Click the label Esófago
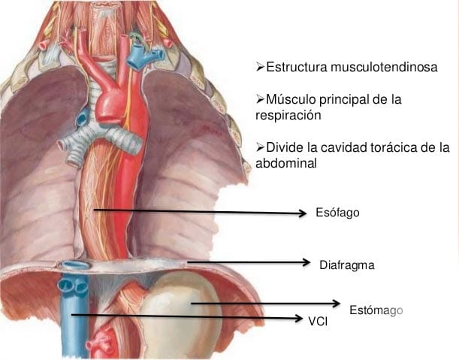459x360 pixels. tap(337, 213)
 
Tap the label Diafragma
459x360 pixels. tap(346, 265)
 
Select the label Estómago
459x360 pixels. tap(376, 310)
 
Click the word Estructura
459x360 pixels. tap(297, 68)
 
